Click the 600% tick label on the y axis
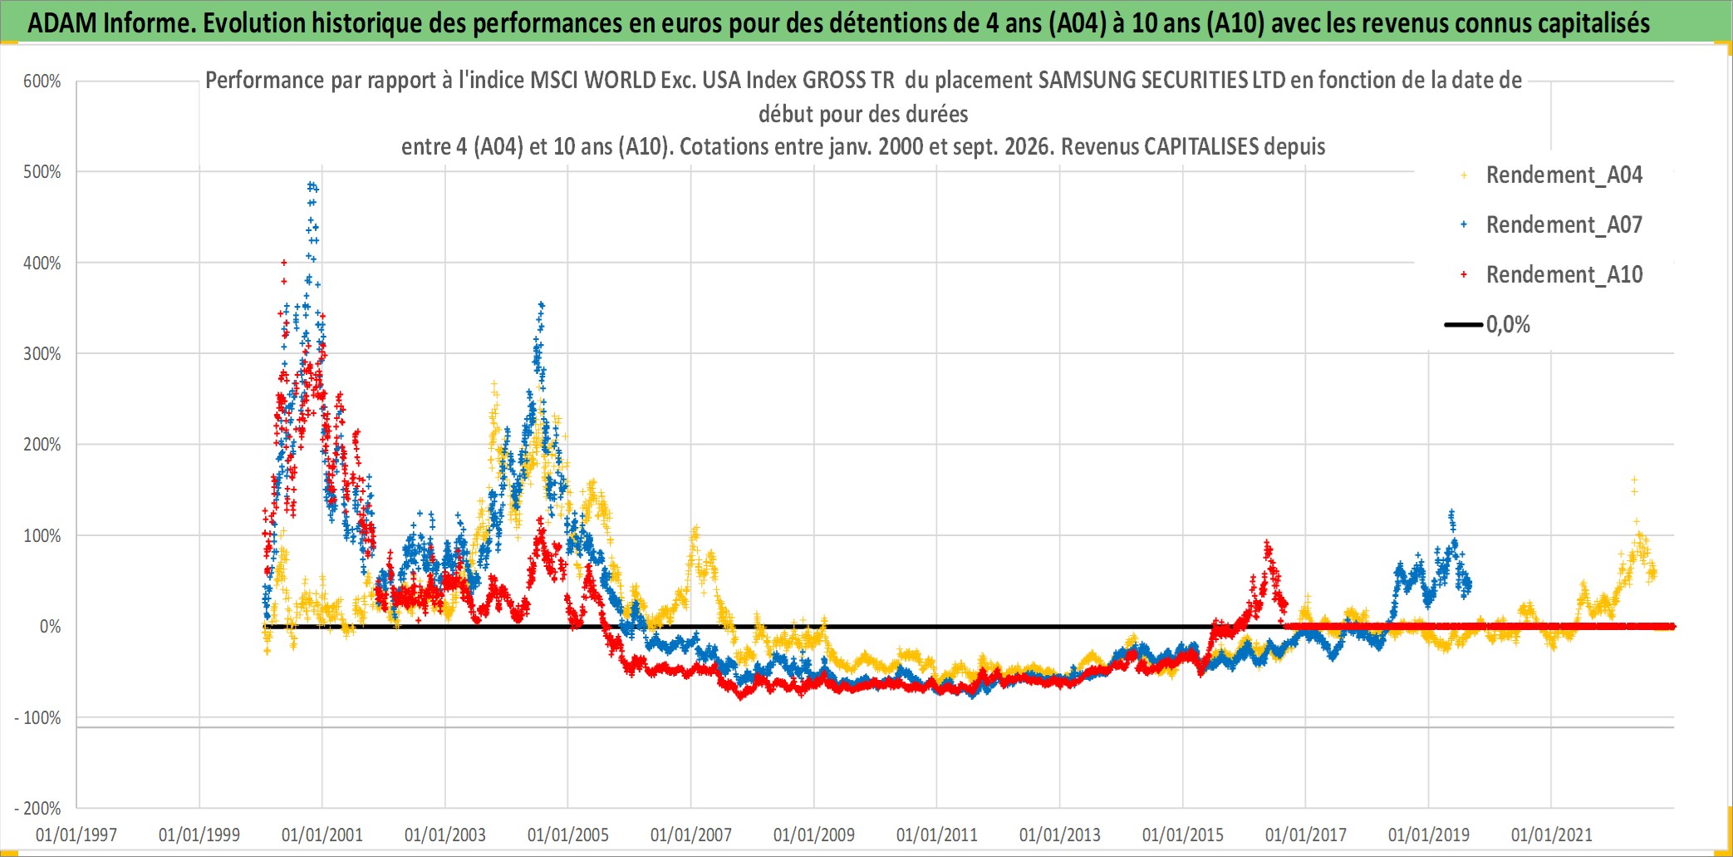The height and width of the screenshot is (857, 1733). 42,81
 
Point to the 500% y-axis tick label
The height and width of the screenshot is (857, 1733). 42,172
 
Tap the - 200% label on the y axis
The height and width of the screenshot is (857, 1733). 37,808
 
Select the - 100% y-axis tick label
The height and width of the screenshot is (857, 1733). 37,717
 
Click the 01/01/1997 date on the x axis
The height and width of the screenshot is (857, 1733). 76,835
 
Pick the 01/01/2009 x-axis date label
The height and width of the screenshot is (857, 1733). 814,835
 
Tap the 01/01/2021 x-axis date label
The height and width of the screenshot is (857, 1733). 1552,835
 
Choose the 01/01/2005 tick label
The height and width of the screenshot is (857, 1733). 568,835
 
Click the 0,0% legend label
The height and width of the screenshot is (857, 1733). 1508,324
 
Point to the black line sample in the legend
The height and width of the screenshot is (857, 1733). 1464,324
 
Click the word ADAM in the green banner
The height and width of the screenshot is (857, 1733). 62,23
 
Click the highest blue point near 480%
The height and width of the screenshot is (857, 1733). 311,185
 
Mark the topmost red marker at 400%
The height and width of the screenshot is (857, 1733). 284,263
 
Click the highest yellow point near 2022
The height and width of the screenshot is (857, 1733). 1634,480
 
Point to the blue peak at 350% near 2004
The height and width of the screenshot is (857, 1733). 542,304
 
